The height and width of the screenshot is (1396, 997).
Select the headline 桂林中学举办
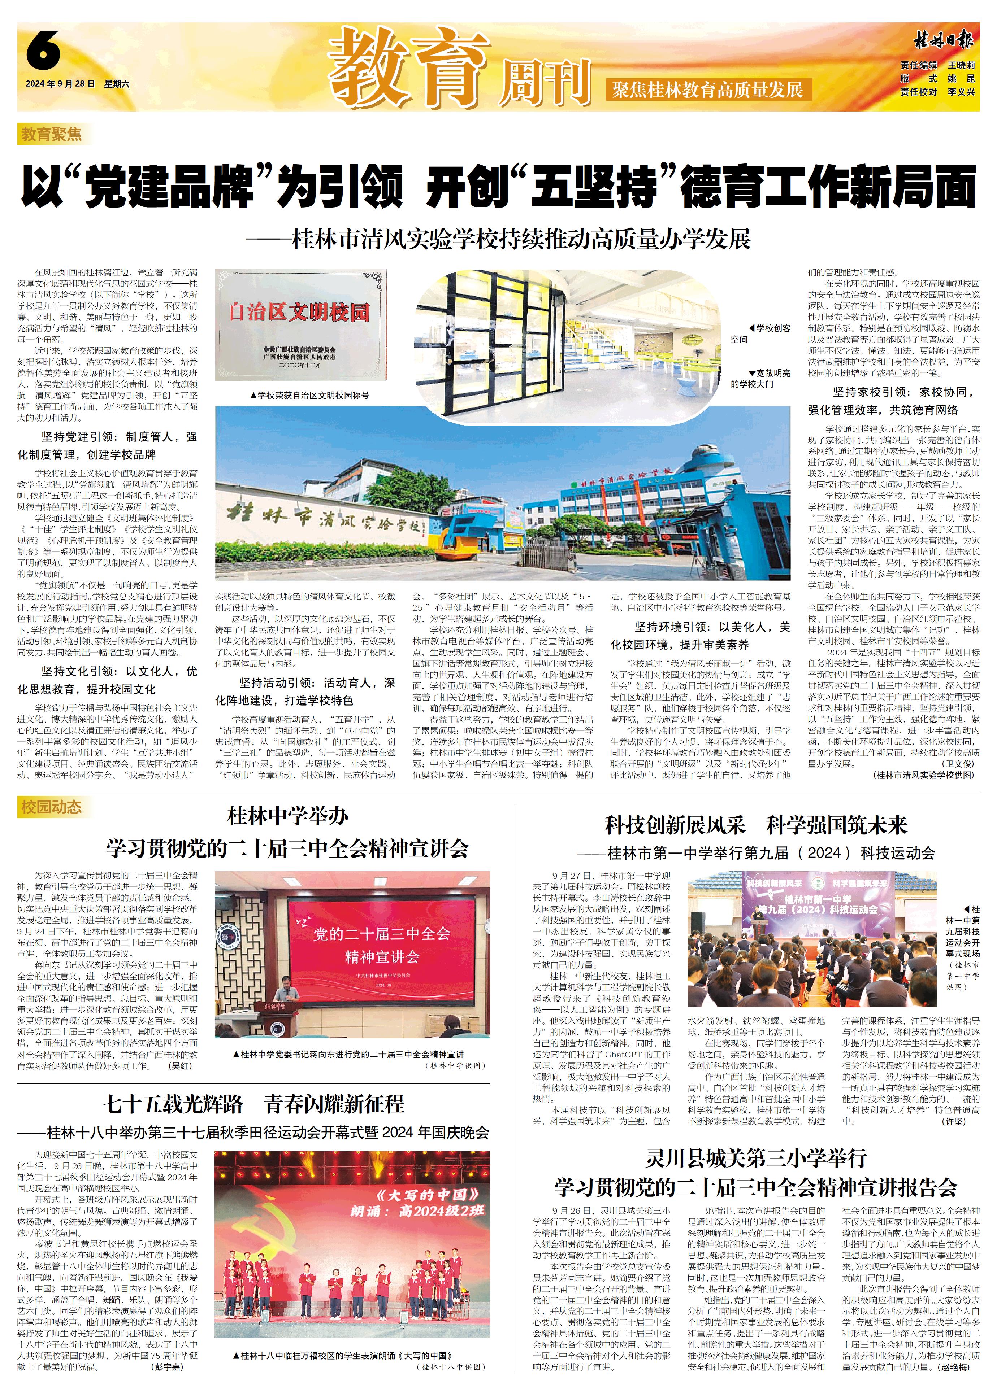[x=287, y=816]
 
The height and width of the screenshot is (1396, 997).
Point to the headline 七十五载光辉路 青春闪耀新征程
[x=253, y=1104]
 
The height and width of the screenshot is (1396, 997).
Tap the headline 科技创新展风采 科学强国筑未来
[x=756, y=825]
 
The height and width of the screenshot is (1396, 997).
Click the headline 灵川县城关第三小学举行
[x=756, y=1159]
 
